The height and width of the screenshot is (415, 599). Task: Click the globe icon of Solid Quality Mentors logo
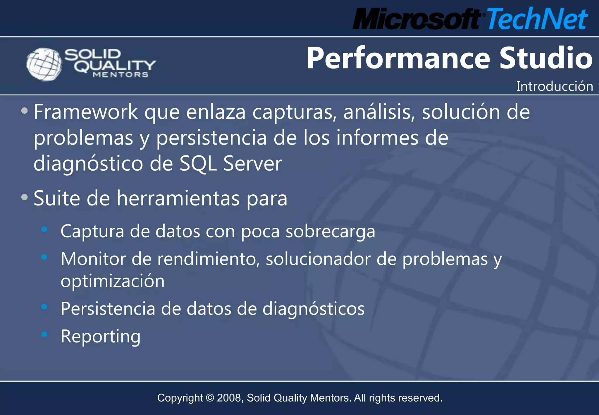click(x=44, y=64)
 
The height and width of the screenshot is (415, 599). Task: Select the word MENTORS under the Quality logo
click(x=121, y=75)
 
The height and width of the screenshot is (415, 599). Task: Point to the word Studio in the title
click(x=546, y=58)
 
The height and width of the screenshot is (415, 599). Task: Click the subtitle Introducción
click(x=554, y=86)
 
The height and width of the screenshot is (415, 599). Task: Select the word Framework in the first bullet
click(x=85, y=112)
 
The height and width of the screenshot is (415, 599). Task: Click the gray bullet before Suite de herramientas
click(x=25, y=197)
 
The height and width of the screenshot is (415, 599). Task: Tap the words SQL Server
click(x=230, y=164)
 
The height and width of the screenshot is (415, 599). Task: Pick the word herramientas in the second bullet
click(x=178, y=198)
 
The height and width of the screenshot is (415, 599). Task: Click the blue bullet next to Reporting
click(x=44, y=334)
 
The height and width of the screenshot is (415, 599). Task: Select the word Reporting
click(x=100, y=336)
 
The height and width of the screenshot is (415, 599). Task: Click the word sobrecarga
click(x=330, y=231)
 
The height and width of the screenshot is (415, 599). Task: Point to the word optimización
click(x=113, y=281)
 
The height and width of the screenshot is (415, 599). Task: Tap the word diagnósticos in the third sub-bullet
click(x=313, y=309)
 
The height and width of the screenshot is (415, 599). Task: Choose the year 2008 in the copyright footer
click(x=229, y=398)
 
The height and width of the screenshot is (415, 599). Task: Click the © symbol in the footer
click(x=210, y=398)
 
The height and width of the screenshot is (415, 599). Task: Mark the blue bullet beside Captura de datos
click(x=44, y=229)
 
